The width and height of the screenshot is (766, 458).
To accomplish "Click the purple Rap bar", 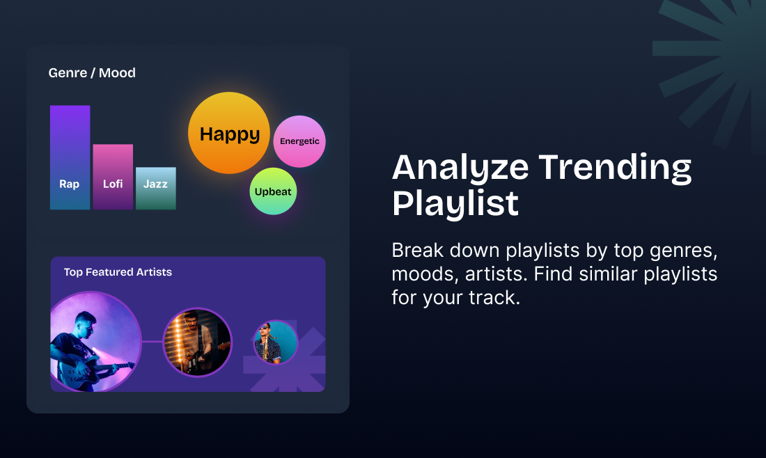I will [x=70, y=157].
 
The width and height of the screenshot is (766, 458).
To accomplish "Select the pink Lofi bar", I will [x=113, y=177].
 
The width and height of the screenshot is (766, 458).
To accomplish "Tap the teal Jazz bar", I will [x=155, y=188].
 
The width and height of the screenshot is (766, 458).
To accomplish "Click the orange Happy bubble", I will [x=228, y=134].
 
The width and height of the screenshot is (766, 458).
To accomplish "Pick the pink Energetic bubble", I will [x=299, y=141].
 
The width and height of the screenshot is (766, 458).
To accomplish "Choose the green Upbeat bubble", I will [x=273, y=191].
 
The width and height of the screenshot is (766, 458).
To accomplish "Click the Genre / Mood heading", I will [x=92, y=72].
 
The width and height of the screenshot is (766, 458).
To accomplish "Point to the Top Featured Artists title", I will [x=118, y=272].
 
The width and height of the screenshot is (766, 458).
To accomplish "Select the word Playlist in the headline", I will [x=455, y=203].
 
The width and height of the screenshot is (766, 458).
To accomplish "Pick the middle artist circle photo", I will [x=197, y=342].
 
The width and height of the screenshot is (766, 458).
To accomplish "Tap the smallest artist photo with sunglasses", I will [x=276, y=342].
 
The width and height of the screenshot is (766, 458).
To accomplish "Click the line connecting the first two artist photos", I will [x=152, y=341].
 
